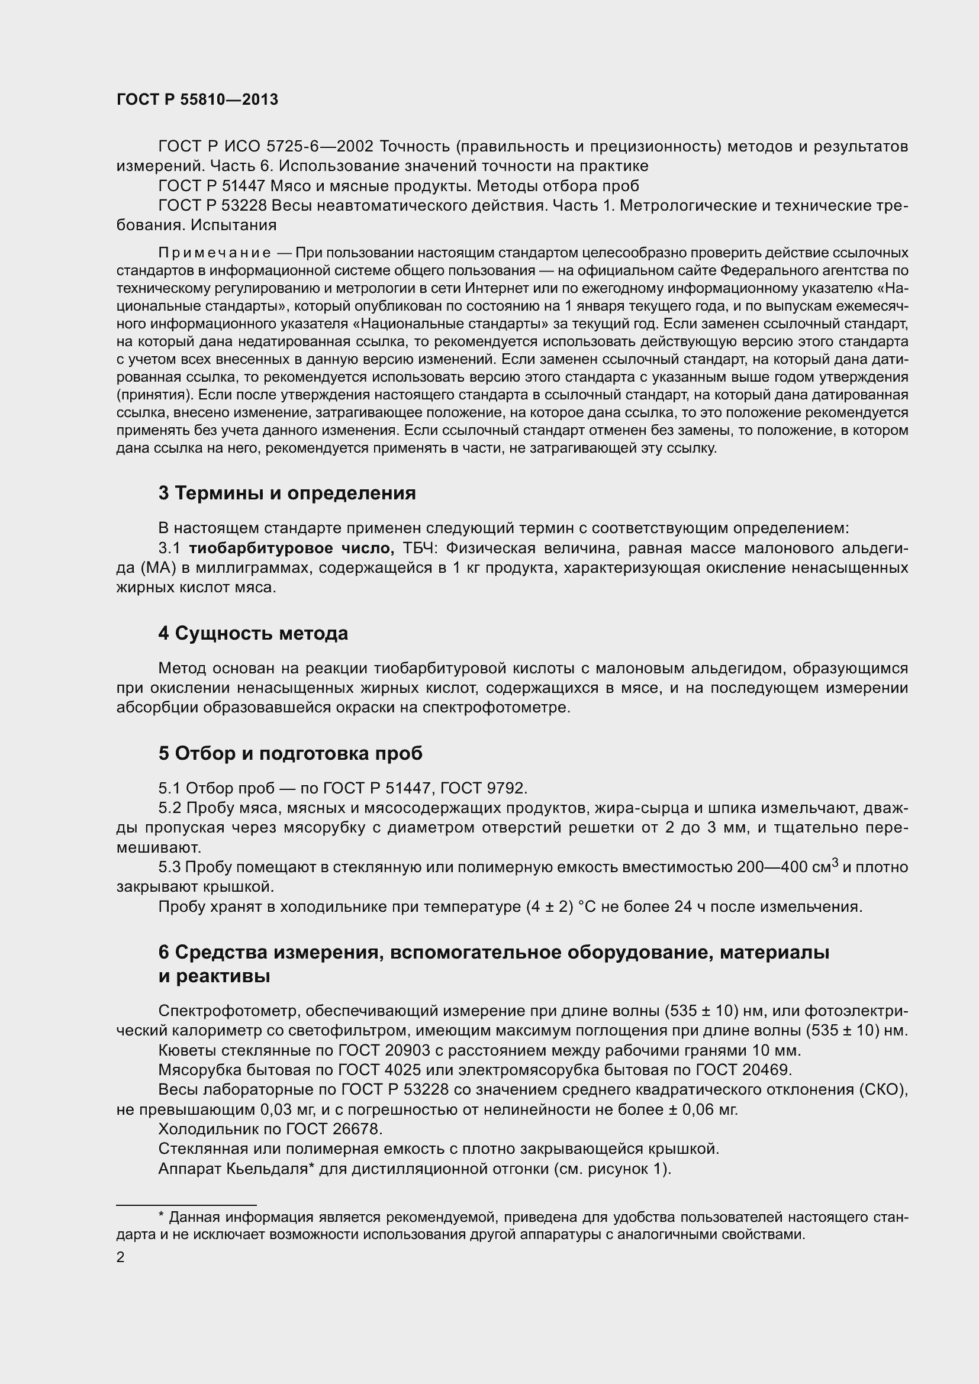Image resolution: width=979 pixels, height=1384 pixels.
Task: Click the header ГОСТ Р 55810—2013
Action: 197,100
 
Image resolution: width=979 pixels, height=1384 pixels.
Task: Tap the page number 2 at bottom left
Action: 121,1257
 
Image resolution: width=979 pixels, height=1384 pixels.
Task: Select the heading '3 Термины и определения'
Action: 287,493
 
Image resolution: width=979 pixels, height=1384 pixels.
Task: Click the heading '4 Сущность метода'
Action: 253,634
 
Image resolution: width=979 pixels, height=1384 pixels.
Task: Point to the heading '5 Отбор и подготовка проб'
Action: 291,753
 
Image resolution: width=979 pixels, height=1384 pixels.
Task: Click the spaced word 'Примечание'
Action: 215,253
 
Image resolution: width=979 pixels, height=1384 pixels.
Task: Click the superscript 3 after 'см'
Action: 835,863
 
